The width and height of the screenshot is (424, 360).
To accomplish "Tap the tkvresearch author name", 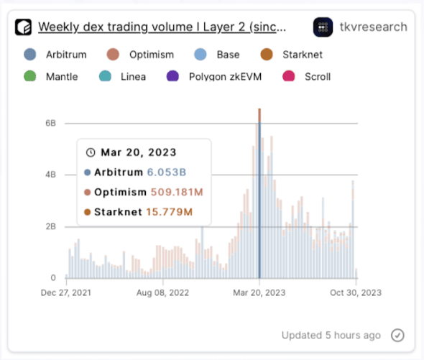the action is click(373, 27).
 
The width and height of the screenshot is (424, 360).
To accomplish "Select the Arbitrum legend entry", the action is click(55, 55).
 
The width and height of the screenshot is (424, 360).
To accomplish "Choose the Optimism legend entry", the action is click(140, 55).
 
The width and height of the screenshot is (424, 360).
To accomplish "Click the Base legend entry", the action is click(217, 55).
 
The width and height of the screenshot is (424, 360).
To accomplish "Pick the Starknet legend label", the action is click(303, 55).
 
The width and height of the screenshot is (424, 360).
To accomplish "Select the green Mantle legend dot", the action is click(29, 76).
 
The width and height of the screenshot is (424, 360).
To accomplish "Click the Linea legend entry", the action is click(122, 77).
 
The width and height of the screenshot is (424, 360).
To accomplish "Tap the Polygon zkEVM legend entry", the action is click(214, 77).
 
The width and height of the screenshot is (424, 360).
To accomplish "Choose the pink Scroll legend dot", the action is click(288, 76).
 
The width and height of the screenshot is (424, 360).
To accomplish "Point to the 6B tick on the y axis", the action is click(50, 124).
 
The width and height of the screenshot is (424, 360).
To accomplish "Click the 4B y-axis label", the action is click(50, 175).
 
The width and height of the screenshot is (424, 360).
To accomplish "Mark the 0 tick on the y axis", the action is click(53, 278).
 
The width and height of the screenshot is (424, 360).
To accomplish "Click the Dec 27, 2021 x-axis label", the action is click(66, 292).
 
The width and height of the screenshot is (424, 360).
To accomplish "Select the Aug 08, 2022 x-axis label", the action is click(162, 292).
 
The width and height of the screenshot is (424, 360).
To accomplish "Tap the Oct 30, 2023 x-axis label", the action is click(356, 292).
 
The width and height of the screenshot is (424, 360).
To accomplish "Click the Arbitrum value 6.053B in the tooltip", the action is click(167, 172).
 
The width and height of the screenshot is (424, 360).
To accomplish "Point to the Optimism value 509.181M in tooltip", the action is click(177, 192).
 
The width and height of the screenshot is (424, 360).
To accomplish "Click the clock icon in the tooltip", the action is click(91, 152).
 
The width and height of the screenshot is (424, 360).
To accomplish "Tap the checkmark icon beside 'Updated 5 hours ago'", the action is click(397, 336).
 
